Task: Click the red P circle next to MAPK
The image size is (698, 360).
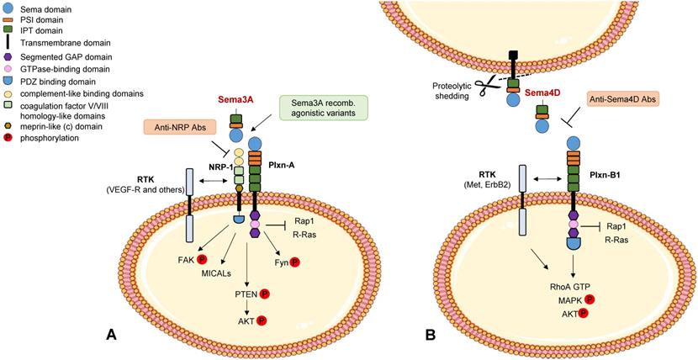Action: point(589,299)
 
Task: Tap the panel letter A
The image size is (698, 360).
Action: point(111,335)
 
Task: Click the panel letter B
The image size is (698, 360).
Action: point(431,335)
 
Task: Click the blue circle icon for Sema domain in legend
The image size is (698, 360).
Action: point(8,7)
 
